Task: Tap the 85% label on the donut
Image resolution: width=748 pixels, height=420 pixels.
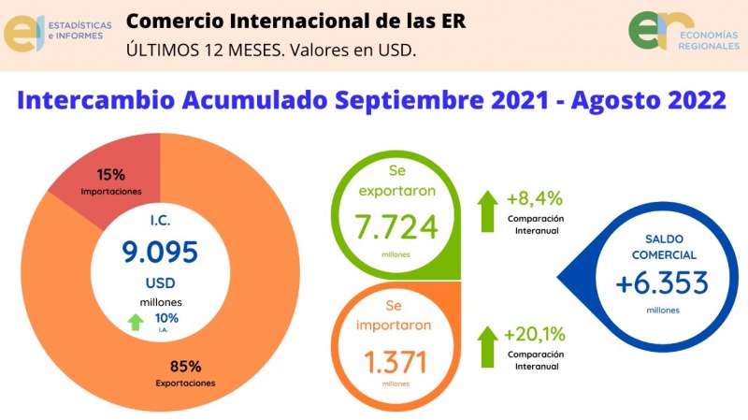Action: [185, 365]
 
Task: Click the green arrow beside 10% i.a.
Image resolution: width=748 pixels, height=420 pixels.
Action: [137, 322]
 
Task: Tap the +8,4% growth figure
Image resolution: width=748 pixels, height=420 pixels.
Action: [535, 198]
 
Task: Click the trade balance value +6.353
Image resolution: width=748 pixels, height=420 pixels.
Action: [663, 282]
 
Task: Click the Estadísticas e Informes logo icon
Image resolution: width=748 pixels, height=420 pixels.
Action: [23, 34]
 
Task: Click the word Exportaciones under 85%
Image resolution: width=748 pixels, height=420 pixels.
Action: [185, 384]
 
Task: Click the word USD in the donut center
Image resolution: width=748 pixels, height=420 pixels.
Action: [160, 282]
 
